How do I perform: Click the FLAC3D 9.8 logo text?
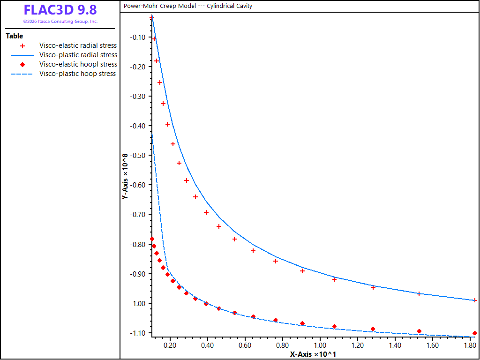pos(60,10)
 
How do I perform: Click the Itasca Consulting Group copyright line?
pos(60,22)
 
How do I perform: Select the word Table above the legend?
pos(15,36)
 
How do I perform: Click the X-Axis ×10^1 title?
pos(314,354)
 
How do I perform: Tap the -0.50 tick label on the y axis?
pos(140,155)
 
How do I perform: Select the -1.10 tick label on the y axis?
pos(140,333)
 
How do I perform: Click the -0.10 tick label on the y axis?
pos(140,37)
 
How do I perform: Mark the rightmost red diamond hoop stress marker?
pos(475,333)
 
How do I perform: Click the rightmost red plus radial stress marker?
pos(475,300)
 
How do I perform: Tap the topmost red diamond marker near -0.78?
pos(152,239)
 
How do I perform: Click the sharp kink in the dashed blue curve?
pos(167,269)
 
